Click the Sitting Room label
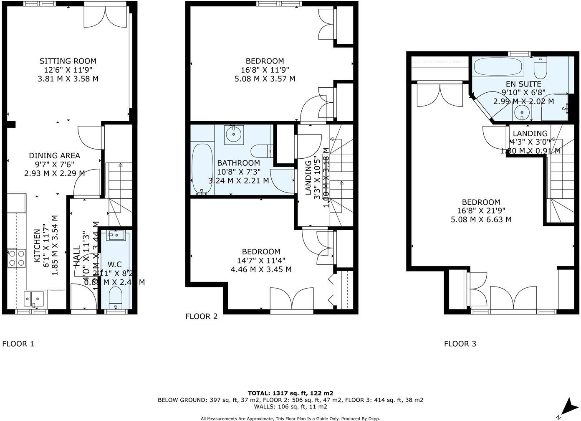pyautogui.click(x=68, y=61)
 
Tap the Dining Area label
pyautogui.click(x=54, y=155)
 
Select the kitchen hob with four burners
pyautogui.click(x=17, y=257)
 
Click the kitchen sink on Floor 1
pyautogui.click(x=34, y=298)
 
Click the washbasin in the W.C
pyautogui.click(x=115, y=236)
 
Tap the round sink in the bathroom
pyautogui.click(x=234, y=134)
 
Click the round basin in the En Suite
pyautogui.click(x=520, y=112)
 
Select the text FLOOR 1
pyautogui.click(x=18, y=344)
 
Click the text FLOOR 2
pyautogui.click(x=202, y=316)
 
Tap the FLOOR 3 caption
pyautogui.click(x=460, y=344)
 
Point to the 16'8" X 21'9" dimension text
pyautogui.click(x=481, y=211)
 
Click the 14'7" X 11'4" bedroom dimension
pyautogui.click(x=261, y=261)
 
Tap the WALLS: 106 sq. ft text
pyautogui.click(x=290, y=406)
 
